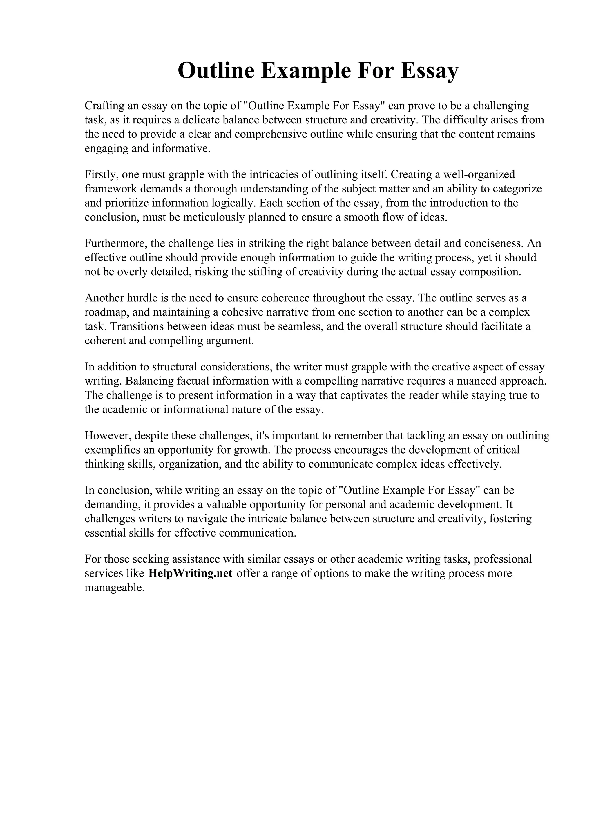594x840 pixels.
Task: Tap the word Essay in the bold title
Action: [429, 71]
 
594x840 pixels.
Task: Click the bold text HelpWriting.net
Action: [190, 573]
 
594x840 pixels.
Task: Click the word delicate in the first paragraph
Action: [201, 120]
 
